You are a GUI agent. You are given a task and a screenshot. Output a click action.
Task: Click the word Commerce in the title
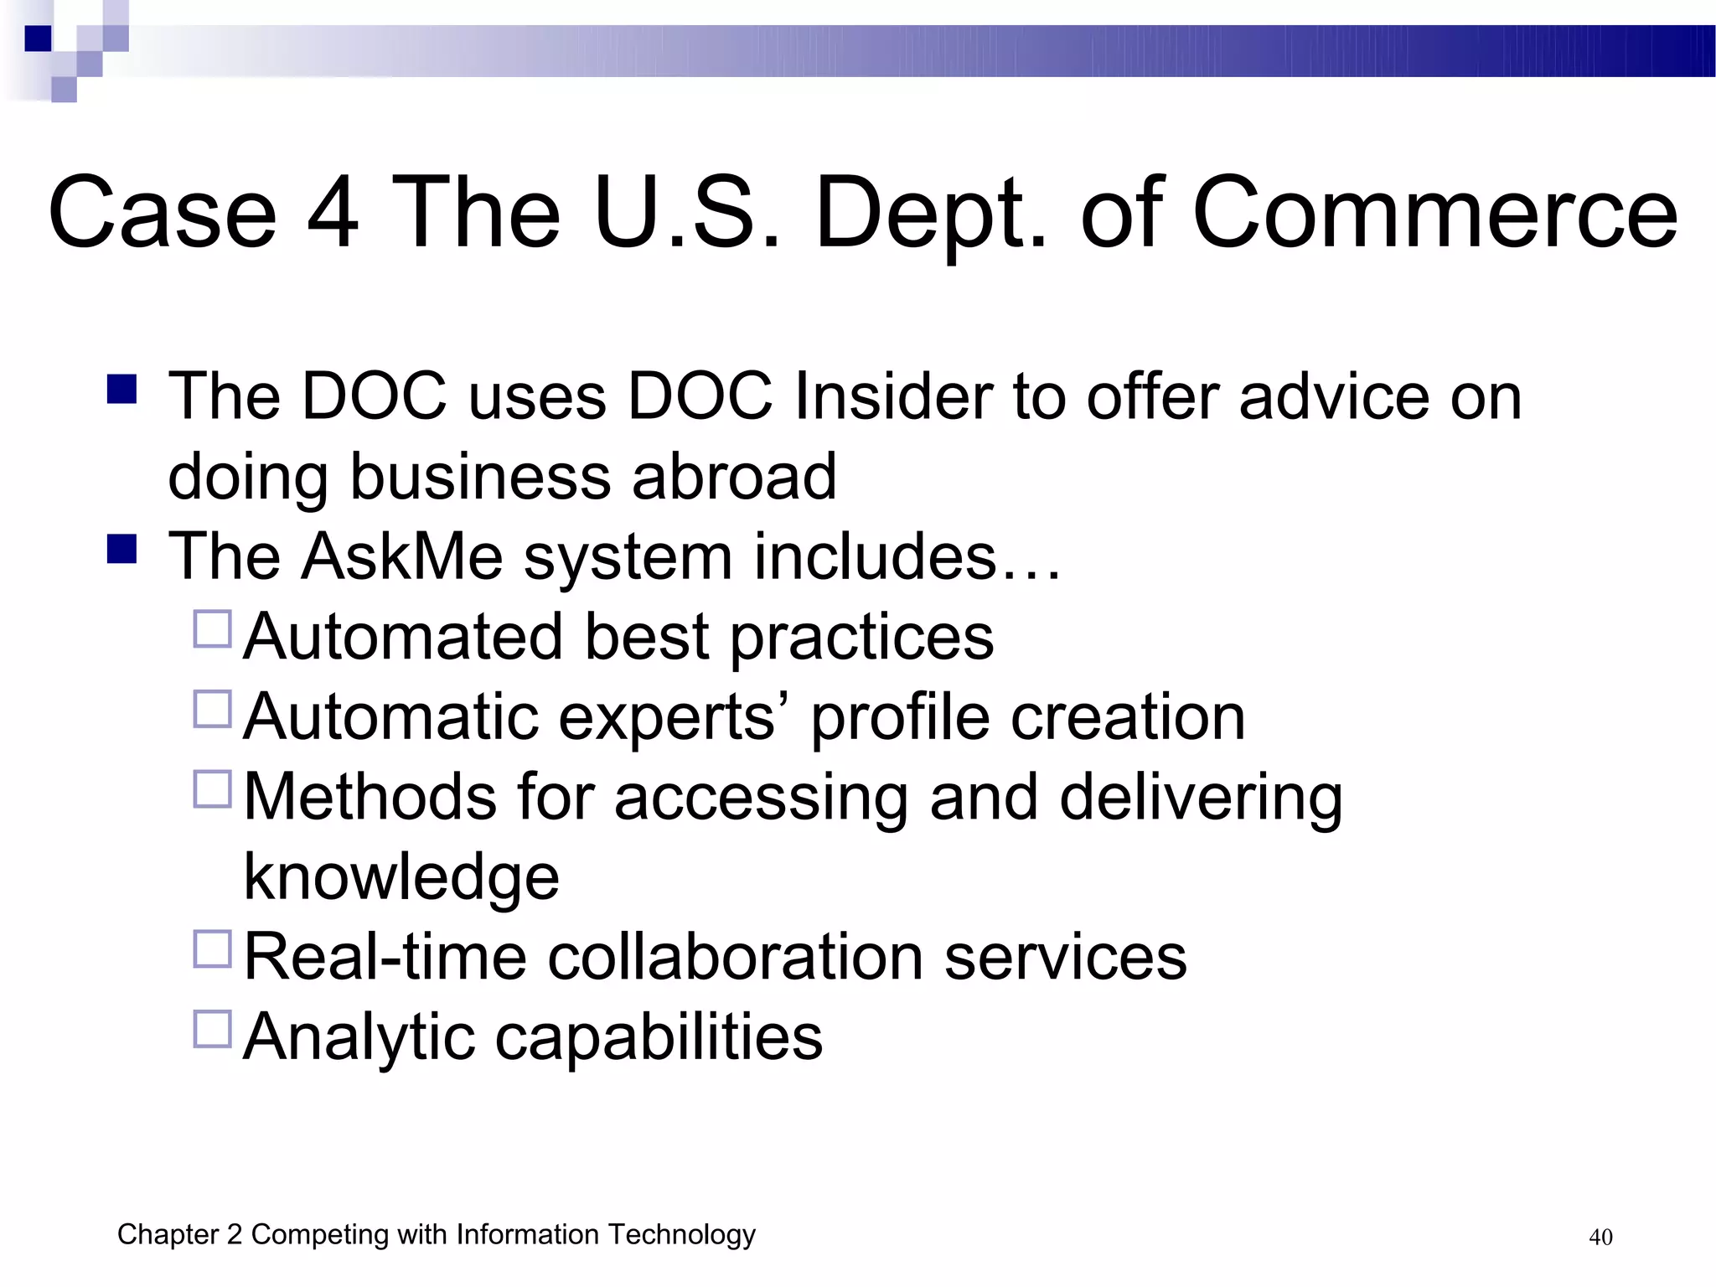1434,214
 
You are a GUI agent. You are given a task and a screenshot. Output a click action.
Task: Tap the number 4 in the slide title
333,214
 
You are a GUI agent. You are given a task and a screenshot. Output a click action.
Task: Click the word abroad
734,476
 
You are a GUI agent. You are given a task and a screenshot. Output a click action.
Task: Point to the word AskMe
402,556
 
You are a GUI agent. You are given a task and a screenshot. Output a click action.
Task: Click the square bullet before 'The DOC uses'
122,390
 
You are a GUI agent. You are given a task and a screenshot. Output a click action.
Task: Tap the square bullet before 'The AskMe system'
122,550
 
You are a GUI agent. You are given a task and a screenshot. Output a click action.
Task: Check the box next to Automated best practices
212,629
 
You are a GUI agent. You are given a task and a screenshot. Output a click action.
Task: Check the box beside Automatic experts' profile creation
212,710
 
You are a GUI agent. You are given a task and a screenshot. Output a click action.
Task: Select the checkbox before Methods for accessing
212,789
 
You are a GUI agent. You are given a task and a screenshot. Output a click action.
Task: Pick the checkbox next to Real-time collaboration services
212,949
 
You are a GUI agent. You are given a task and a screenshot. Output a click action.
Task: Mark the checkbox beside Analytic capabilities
212,1030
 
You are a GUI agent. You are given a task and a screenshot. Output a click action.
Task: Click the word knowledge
401,877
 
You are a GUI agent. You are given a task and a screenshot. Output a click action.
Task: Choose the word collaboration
735,957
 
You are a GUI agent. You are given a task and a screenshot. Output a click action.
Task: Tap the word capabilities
659,1037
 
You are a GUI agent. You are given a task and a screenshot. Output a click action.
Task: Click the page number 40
1600,1238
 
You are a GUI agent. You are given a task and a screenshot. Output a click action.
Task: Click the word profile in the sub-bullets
900,717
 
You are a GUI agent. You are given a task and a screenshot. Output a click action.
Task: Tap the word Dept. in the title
931,214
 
